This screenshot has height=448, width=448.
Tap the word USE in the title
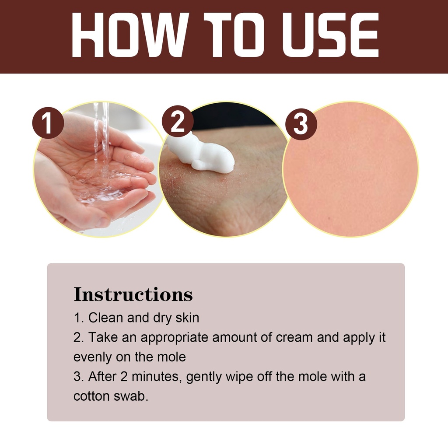click(x=331, y=35)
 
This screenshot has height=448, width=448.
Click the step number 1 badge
click(x=48, y=123)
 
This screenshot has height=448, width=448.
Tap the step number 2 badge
click(x=178, y=121)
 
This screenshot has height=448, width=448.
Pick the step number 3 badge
click(x=301, y=124)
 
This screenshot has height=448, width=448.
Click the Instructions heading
click(x=133, y=294)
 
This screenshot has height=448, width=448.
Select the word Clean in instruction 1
click(x=105, y=318)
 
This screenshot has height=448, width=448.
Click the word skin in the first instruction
click(x=187, y=318)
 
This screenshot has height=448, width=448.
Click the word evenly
click(x=92, y=357)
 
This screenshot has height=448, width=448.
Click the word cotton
click(x=91, y=396)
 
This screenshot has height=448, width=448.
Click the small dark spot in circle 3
click(x=329, y=218)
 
